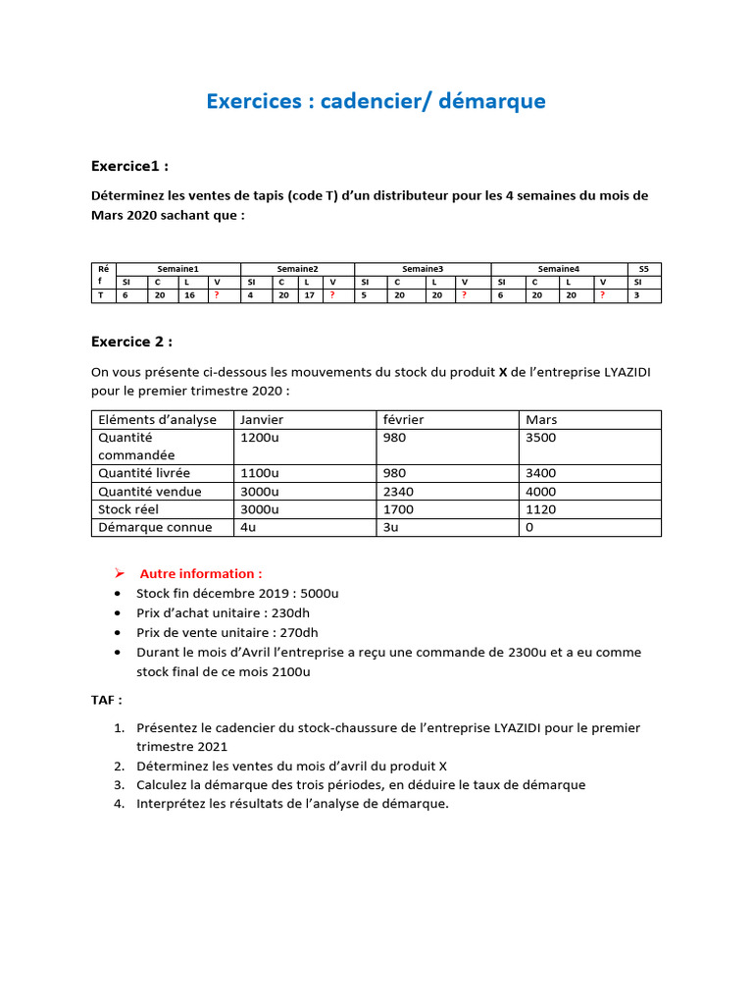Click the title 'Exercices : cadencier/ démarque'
376,101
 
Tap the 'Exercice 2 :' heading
131,342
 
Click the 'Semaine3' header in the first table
422,268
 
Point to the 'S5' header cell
643,268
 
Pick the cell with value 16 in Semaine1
189,294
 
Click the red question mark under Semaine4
602,294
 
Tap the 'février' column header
404,419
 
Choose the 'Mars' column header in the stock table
541,419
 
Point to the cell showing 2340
400,492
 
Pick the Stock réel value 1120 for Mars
541,509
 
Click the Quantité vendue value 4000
541,492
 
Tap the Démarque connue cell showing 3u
391,527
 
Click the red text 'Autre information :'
200,573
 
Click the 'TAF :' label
107,701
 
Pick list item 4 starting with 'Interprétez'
292,804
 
